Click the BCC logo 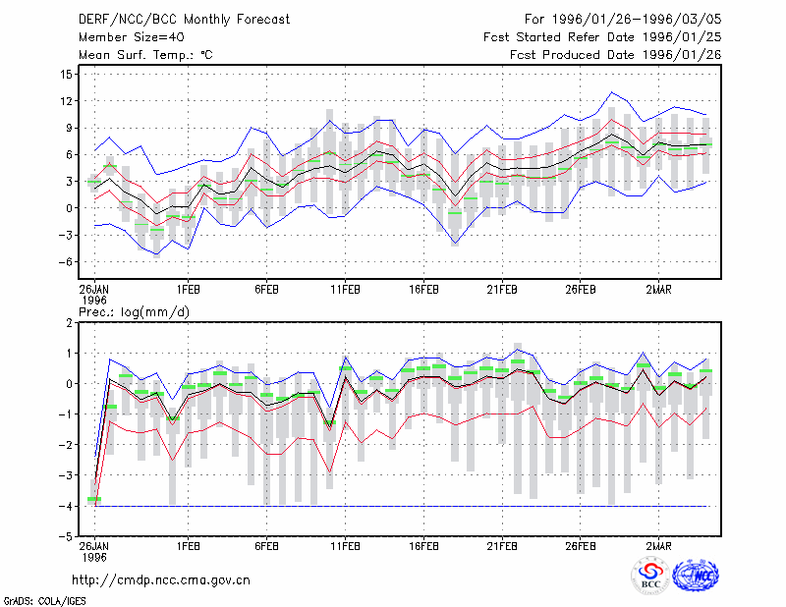[650, 576]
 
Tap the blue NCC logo [696, 576]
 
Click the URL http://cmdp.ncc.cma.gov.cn [161, 580]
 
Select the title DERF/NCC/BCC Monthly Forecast [184, 20]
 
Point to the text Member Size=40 [132, 37]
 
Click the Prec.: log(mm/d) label [134, 312]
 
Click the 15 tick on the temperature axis [66, 75]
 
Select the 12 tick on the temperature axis [66, 101]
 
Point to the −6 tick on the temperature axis [64, 261]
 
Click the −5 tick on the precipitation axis [65, 537]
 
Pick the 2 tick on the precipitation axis [69, 323]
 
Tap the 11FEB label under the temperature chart [345, 290]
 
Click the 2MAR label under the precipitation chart [658, 546]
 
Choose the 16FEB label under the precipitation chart [423, 546]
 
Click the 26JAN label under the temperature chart [94, 290]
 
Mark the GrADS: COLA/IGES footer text [44, 601]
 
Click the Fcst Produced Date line [616, 55]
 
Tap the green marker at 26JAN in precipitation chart [94, 499]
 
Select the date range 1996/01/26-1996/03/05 [637, 20]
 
